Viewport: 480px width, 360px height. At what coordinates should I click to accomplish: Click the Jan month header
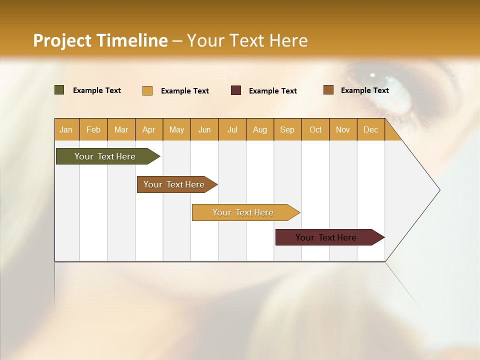coord(66,129)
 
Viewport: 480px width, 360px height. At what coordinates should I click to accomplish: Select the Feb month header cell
coord(93,129)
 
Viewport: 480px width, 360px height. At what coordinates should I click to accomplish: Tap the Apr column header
coord(149,129)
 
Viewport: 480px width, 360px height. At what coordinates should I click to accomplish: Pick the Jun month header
coord(204,129)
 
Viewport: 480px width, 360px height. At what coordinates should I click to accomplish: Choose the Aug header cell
coord(260,129)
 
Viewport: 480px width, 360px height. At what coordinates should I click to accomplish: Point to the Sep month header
coord(287,129)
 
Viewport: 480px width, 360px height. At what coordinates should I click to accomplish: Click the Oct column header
coord(315,129)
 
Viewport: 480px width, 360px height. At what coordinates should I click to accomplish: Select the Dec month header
coord(371,129)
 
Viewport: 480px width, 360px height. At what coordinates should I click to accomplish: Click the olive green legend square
coord(59,90)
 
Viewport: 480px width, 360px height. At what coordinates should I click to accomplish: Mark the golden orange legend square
coord(147,90)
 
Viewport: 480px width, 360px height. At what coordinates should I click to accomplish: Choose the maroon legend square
coord(236,90)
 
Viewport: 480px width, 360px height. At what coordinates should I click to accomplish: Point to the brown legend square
coord(328,90)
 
